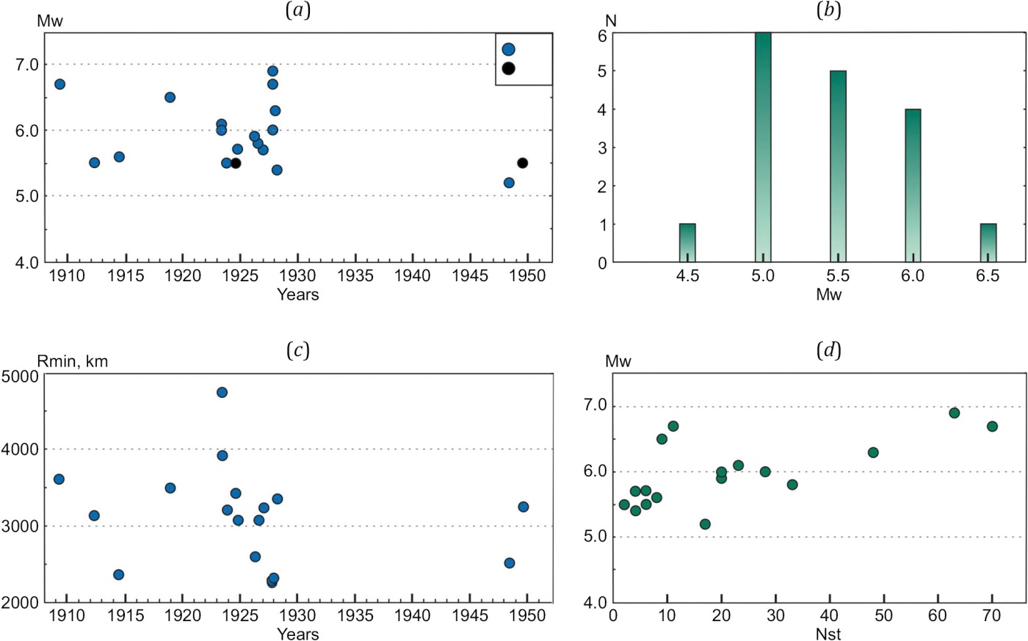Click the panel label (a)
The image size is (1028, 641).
(297, 11)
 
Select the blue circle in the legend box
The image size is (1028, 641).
(508, 49)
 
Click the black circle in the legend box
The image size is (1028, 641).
(508, 68)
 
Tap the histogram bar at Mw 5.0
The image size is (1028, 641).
(763, 147)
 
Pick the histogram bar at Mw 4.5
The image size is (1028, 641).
(687, 243)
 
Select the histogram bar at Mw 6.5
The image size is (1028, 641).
(988, 243)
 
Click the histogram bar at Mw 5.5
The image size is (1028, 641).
(838, 167)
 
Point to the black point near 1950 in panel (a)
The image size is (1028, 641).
(522, 163)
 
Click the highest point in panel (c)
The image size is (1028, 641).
(222, 392)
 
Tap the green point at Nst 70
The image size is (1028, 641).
(992, 427)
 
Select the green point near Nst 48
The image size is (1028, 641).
(873, 452)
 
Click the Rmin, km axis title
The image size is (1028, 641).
(73, 361)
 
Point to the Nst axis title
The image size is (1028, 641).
(828, 634)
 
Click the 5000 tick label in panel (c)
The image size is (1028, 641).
(21, 375)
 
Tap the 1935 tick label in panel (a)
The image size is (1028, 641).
(355, 276)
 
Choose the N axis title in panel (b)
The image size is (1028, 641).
(611, 21)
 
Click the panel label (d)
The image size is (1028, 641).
(829, 351)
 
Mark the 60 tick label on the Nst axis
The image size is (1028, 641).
(938, 616)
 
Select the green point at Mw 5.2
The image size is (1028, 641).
(705, 524)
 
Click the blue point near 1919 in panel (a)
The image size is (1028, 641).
(170, 98)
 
